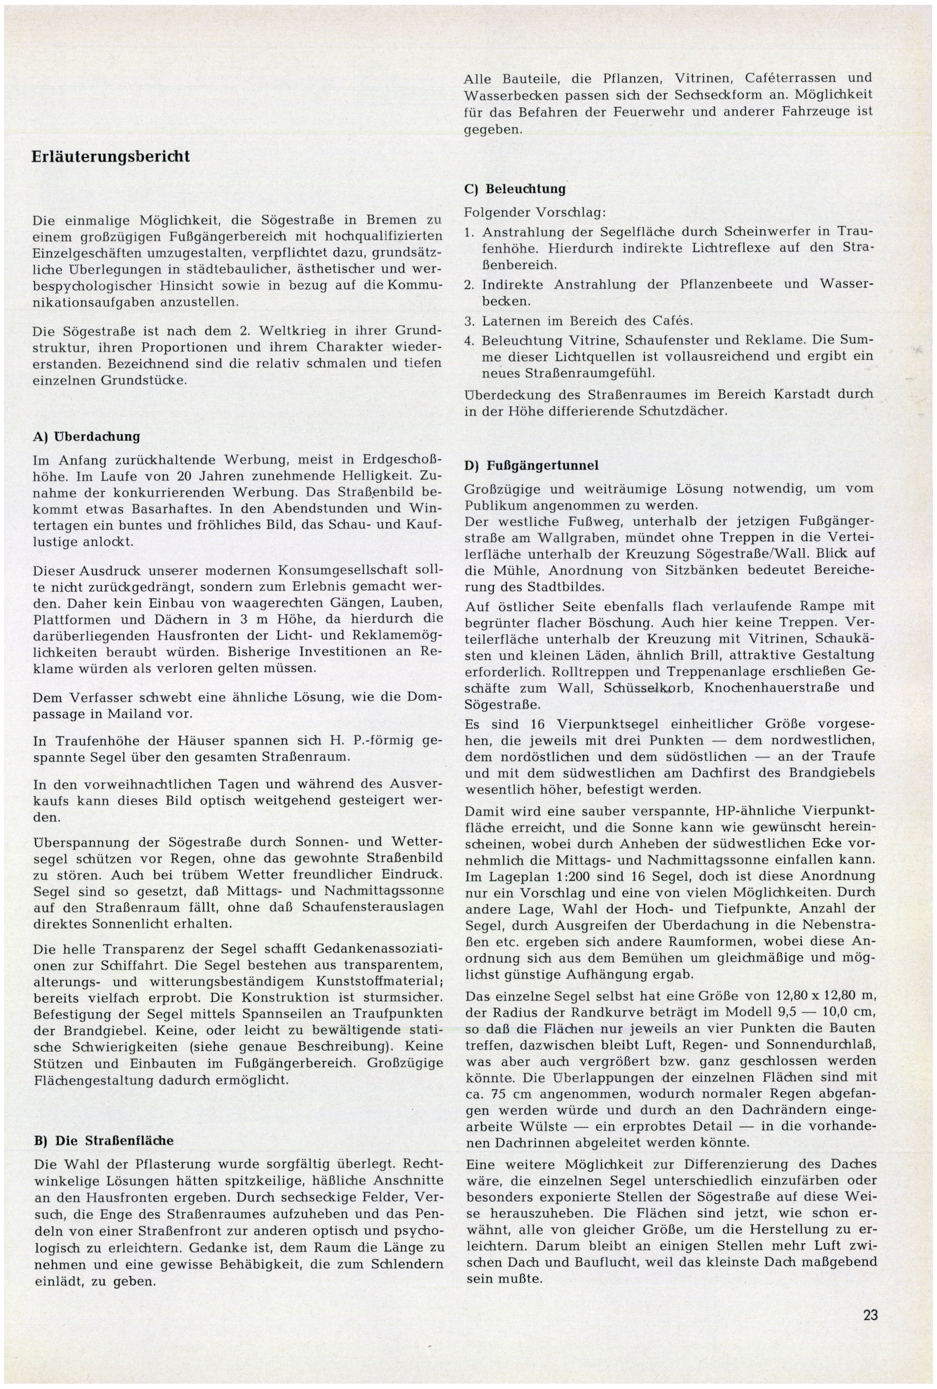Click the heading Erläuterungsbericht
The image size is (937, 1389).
(111, 157)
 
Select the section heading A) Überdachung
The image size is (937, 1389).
(86, 436)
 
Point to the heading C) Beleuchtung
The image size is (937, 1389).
(514, 189)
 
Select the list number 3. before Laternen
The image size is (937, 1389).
(469, 321)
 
